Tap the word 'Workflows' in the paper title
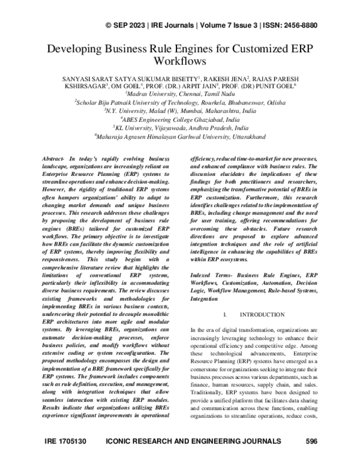pyautogui.click(x=179, y=61)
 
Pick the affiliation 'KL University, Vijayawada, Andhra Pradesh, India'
pyautogui.click(x=180, y=127)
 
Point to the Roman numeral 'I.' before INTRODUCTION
pyautogui.click(x=224, y=315)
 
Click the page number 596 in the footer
pyautogui.click(x=311, y=458)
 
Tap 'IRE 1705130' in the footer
pyautogui.click(x=65, y=458)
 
